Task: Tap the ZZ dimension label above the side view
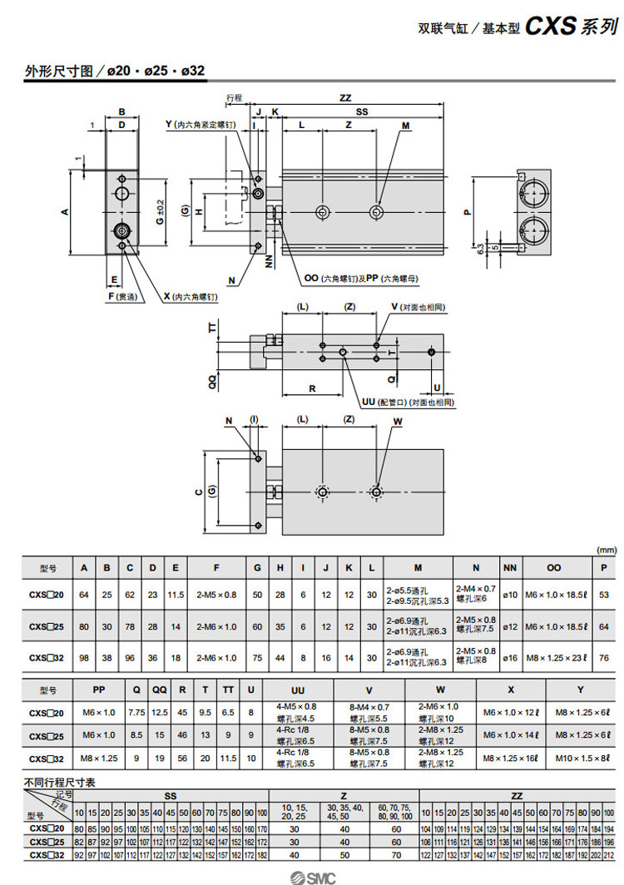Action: (345, 98)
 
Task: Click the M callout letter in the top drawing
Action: (406, 126)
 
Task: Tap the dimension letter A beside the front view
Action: (65, 212)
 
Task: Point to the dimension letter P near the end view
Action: (467, 211)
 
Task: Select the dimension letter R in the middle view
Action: (312, 388)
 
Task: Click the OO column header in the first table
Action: (554, 568)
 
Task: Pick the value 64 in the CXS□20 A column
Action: (83, 594)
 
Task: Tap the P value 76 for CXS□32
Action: (604, 657)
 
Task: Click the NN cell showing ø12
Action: (511, 625)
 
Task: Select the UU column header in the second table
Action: (297, 690)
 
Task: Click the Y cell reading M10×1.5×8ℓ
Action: (582, 759)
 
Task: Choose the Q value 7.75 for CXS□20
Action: (136, 713)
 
